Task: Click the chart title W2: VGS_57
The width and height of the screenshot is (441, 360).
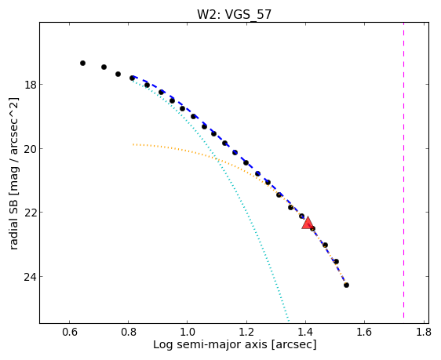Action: [234, 15]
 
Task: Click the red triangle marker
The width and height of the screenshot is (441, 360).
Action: [308, 223]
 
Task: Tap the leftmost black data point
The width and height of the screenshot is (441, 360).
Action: [82, 63]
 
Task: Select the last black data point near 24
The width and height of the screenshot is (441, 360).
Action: [347, 285]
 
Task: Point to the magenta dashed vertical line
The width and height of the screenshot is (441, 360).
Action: [403, 170]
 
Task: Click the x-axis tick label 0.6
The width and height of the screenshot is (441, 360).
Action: [70, 332]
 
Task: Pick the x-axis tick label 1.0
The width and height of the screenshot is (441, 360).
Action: [188, 332]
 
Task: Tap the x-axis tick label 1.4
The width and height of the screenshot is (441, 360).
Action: [305, 332]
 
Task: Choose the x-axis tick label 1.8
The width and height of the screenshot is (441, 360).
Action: [424, 332]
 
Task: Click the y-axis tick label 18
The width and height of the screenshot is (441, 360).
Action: [30, 85]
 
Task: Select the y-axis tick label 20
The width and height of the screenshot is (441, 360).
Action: [30, 149]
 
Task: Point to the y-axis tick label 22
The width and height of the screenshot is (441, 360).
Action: [30, 213]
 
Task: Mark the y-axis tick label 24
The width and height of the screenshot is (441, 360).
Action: [30, 277]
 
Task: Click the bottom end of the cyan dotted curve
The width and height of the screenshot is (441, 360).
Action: [289, 321]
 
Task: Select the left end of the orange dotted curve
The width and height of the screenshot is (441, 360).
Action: [133, 144]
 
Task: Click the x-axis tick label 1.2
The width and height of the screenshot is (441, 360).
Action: [246, 332]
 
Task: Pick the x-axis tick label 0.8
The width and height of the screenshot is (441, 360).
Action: [129, 332]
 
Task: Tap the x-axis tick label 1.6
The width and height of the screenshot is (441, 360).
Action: [365, 332]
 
